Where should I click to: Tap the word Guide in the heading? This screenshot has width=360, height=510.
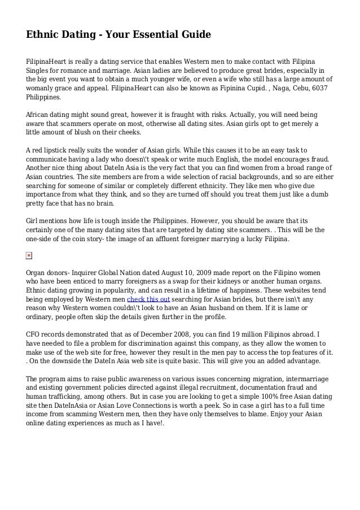pos(192,35)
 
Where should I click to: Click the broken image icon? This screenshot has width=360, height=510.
pos(29,256)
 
